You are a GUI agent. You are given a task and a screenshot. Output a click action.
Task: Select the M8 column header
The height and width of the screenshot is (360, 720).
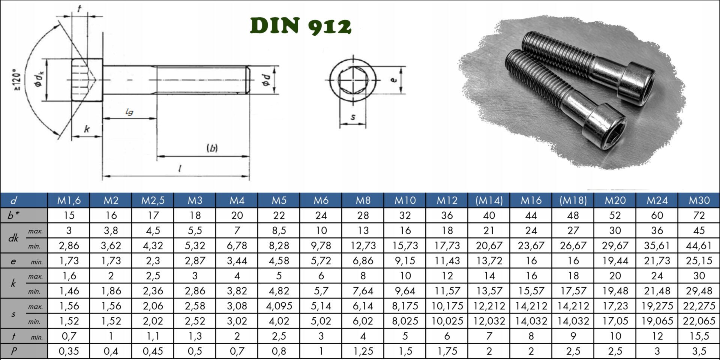[x=363, y=200]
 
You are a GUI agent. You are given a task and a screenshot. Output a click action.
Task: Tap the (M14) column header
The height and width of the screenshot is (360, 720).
[x=489, y=200]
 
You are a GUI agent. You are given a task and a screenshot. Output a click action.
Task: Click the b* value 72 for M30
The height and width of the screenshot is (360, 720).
[x=699, y=216]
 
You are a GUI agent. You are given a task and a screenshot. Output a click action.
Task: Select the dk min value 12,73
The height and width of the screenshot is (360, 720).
[x=363, y=246]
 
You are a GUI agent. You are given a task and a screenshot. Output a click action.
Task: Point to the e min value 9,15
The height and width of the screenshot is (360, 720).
[x=405, y=261]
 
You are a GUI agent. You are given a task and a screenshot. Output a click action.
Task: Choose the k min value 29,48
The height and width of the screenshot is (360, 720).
[x=699, y=291]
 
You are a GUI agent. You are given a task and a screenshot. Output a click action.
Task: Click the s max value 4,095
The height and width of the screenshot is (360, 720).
[x=279, y=306]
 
